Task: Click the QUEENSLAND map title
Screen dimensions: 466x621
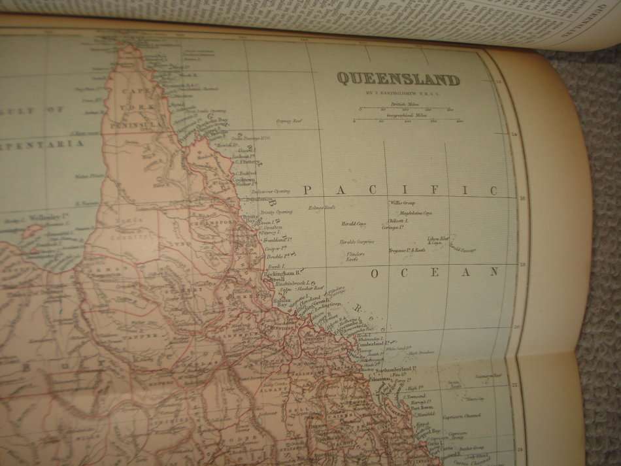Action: (398, 80)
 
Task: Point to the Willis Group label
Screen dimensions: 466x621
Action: (403, 203)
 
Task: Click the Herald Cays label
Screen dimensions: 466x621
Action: (353, 224)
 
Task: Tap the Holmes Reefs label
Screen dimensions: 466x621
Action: (322, 208)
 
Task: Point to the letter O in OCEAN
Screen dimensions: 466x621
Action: (375, 273)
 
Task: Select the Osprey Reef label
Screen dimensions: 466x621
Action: (288, 121)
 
